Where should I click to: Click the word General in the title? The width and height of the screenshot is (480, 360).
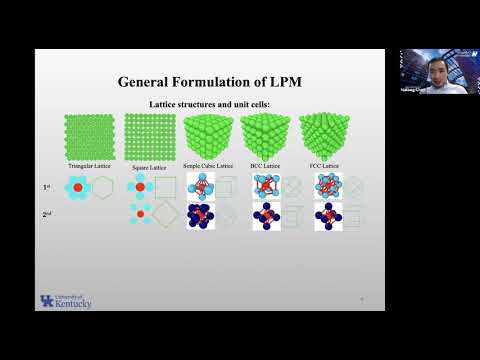point(149,81)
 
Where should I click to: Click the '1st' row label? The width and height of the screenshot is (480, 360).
point(46,187)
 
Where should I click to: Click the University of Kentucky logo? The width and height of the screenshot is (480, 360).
point(65,301)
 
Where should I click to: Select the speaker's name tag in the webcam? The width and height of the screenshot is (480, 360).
point(412,87)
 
